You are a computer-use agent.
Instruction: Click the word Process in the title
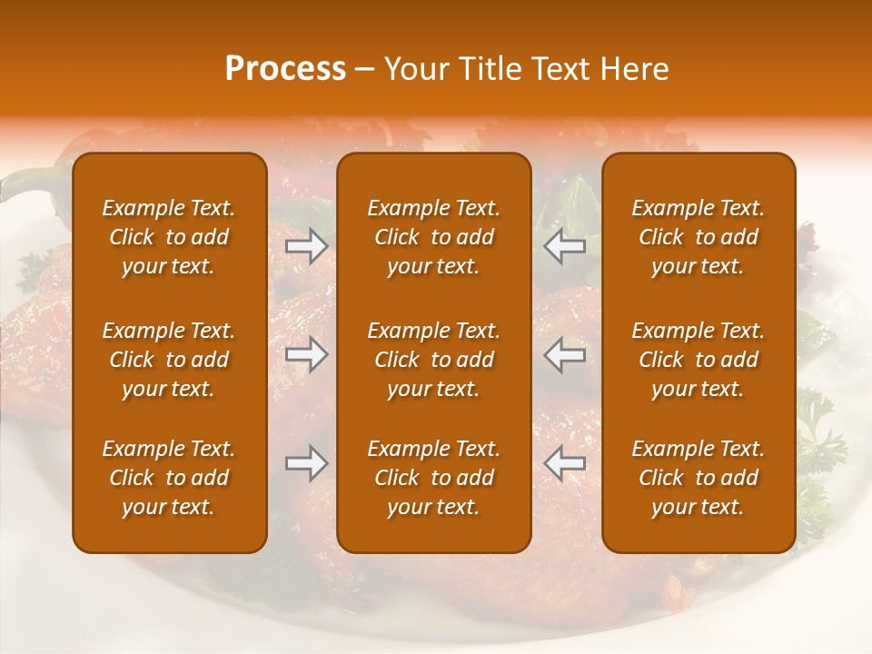click(x=285, y=69)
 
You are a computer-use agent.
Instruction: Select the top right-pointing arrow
click(x=307, y=246)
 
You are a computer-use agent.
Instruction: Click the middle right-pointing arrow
click(x=307, y=354)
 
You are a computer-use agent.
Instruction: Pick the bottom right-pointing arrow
click(x=307, y=463)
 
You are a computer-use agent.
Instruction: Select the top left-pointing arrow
click(x=564, y=246)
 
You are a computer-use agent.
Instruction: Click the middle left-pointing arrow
click(x=564, y=354)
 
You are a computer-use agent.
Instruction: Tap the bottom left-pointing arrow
click(x=564, y=463)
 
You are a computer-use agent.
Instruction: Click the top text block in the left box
click(x=169, y=237)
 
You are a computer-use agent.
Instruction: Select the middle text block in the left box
click(x=169, y=360)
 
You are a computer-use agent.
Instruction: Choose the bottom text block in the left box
click(x=169, y=478)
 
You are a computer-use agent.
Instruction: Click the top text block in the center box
click(x=433, y=237)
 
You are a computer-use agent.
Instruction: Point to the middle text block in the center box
click(x=433, y=360)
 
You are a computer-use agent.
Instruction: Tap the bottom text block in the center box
click(x=433, y=478)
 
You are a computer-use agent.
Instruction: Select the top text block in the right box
click(x=698, y=237)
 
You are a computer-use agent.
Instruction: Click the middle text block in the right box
click(x=698, y=360)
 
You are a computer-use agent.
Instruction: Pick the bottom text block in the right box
click(x=698, y=478)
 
